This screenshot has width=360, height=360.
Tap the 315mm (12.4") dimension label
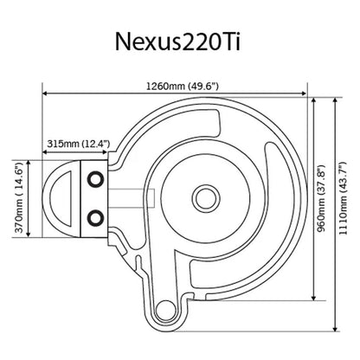coord(72,144)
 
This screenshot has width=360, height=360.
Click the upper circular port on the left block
coord(95,177)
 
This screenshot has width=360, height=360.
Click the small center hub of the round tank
coord(206,194)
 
